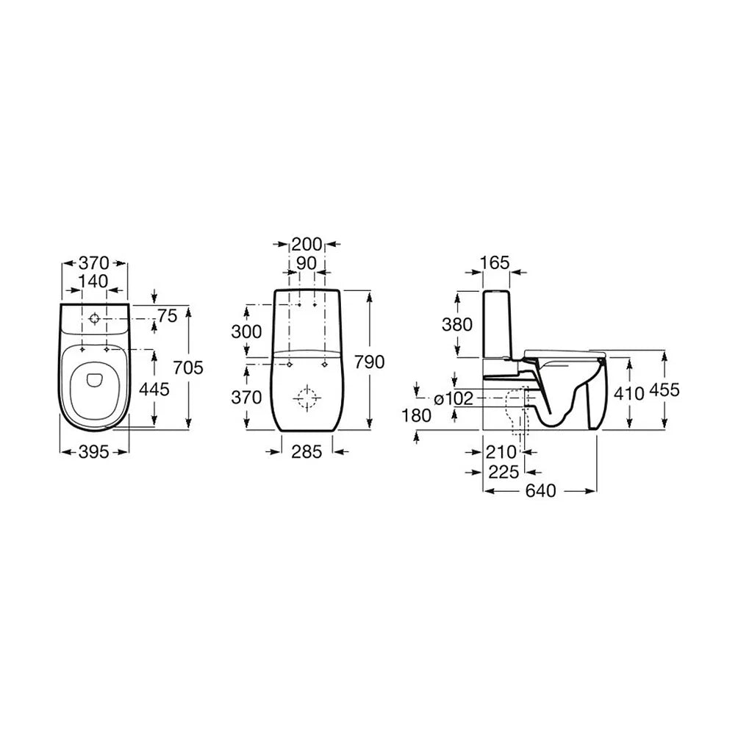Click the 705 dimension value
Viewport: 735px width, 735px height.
pyautogui.click(x=188, y=367)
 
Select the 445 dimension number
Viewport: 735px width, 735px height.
pyautogui.click(x=154, y=389)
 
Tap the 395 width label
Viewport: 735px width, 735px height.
pyautogui.click(x=94, y=452)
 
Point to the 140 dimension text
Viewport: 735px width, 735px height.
pyautogui.click(x=93, y=281)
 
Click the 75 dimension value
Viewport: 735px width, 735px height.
pyautogui.click(x=168, y=316)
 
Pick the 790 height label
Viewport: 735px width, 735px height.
pyautogui.click(x=370, y=362)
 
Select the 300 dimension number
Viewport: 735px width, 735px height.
pyautogui.click(x=246, y=331)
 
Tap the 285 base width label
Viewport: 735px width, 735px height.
pyautogui.click(x=307, y=452)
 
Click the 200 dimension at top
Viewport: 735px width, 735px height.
pyautogui.click(x=307, y=244)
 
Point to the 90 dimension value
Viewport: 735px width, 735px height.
pyautogui.click(x=306, y=263)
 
